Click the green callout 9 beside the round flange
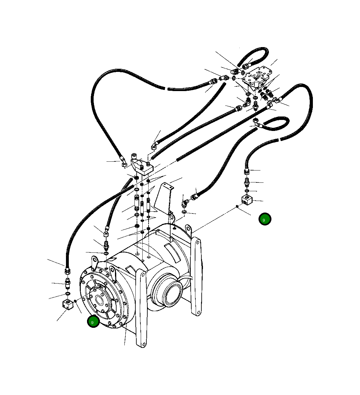[x=93, y=322]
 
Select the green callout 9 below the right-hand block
[x=265, y=219]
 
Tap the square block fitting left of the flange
[x=67, y=305]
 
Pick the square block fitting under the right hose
[x=247, y=200]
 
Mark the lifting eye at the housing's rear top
[x=188, y=228]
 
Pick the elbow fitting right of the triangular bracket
[x=185, y=203]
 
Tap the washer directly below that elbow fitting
[x=184, y=213]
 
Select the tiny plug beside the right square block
[x=237, y=206]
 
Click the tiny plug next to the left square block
[x=75, y=301]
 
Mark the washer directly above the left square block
[x=68, y=294]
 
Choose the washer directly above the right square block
[x=247, y=191]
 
